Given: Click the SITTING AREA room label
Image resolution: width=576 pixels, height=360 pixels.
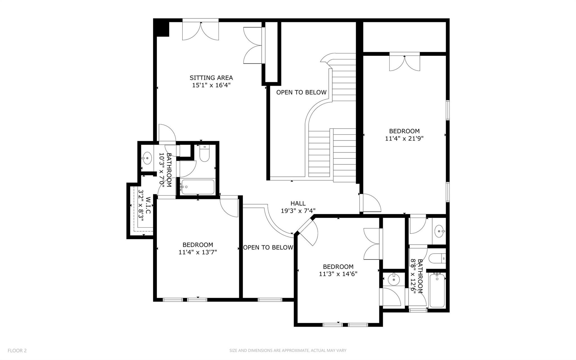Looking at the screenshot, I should pyautogui.click(x=211, y=78).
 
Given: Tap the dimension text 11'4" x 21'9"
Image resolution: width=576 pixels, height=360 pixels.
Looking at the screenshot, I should pyautogui.click(x=404, y=138).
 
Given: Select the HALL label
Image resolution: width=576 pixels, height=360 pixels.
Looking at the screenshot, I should pyautogui.click(x=298, y=203).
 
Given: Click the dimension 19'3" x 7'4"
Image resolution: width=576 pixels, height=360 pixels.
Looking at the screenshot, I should pyautogui.click(x=298, y=211).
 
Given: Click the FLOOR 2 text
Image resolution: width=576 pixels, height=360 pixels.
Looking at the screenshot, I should pyautogui.click(x=17, y=350).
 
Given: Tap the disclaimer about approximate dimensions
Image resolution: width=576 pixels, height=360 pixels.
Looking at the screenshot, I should pyautogui.click(x=288, y=350).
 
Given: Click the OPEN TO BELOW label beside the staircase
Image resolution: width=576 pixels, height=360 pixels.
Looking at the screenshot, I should pyautogui.click(x=301, y=92).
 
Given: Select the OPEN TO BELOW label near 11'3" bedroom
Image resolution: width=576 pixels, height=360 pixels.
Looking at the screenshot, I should pyautogui.click(x=268, y=247).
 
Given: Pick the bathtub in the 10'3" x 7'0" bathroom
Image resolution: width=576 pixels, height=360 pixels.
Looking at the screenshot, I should pyautogui.click(x=198, y=187).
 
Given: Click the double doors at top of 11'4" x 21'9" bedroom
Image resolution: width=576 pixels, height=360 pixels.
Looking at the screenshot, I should pyautogui.click(x=404, y=63).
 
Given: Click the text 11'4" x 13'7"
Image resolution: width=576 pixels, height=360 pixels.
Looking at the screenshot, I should pyautogui.click(x=198, y=252).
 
